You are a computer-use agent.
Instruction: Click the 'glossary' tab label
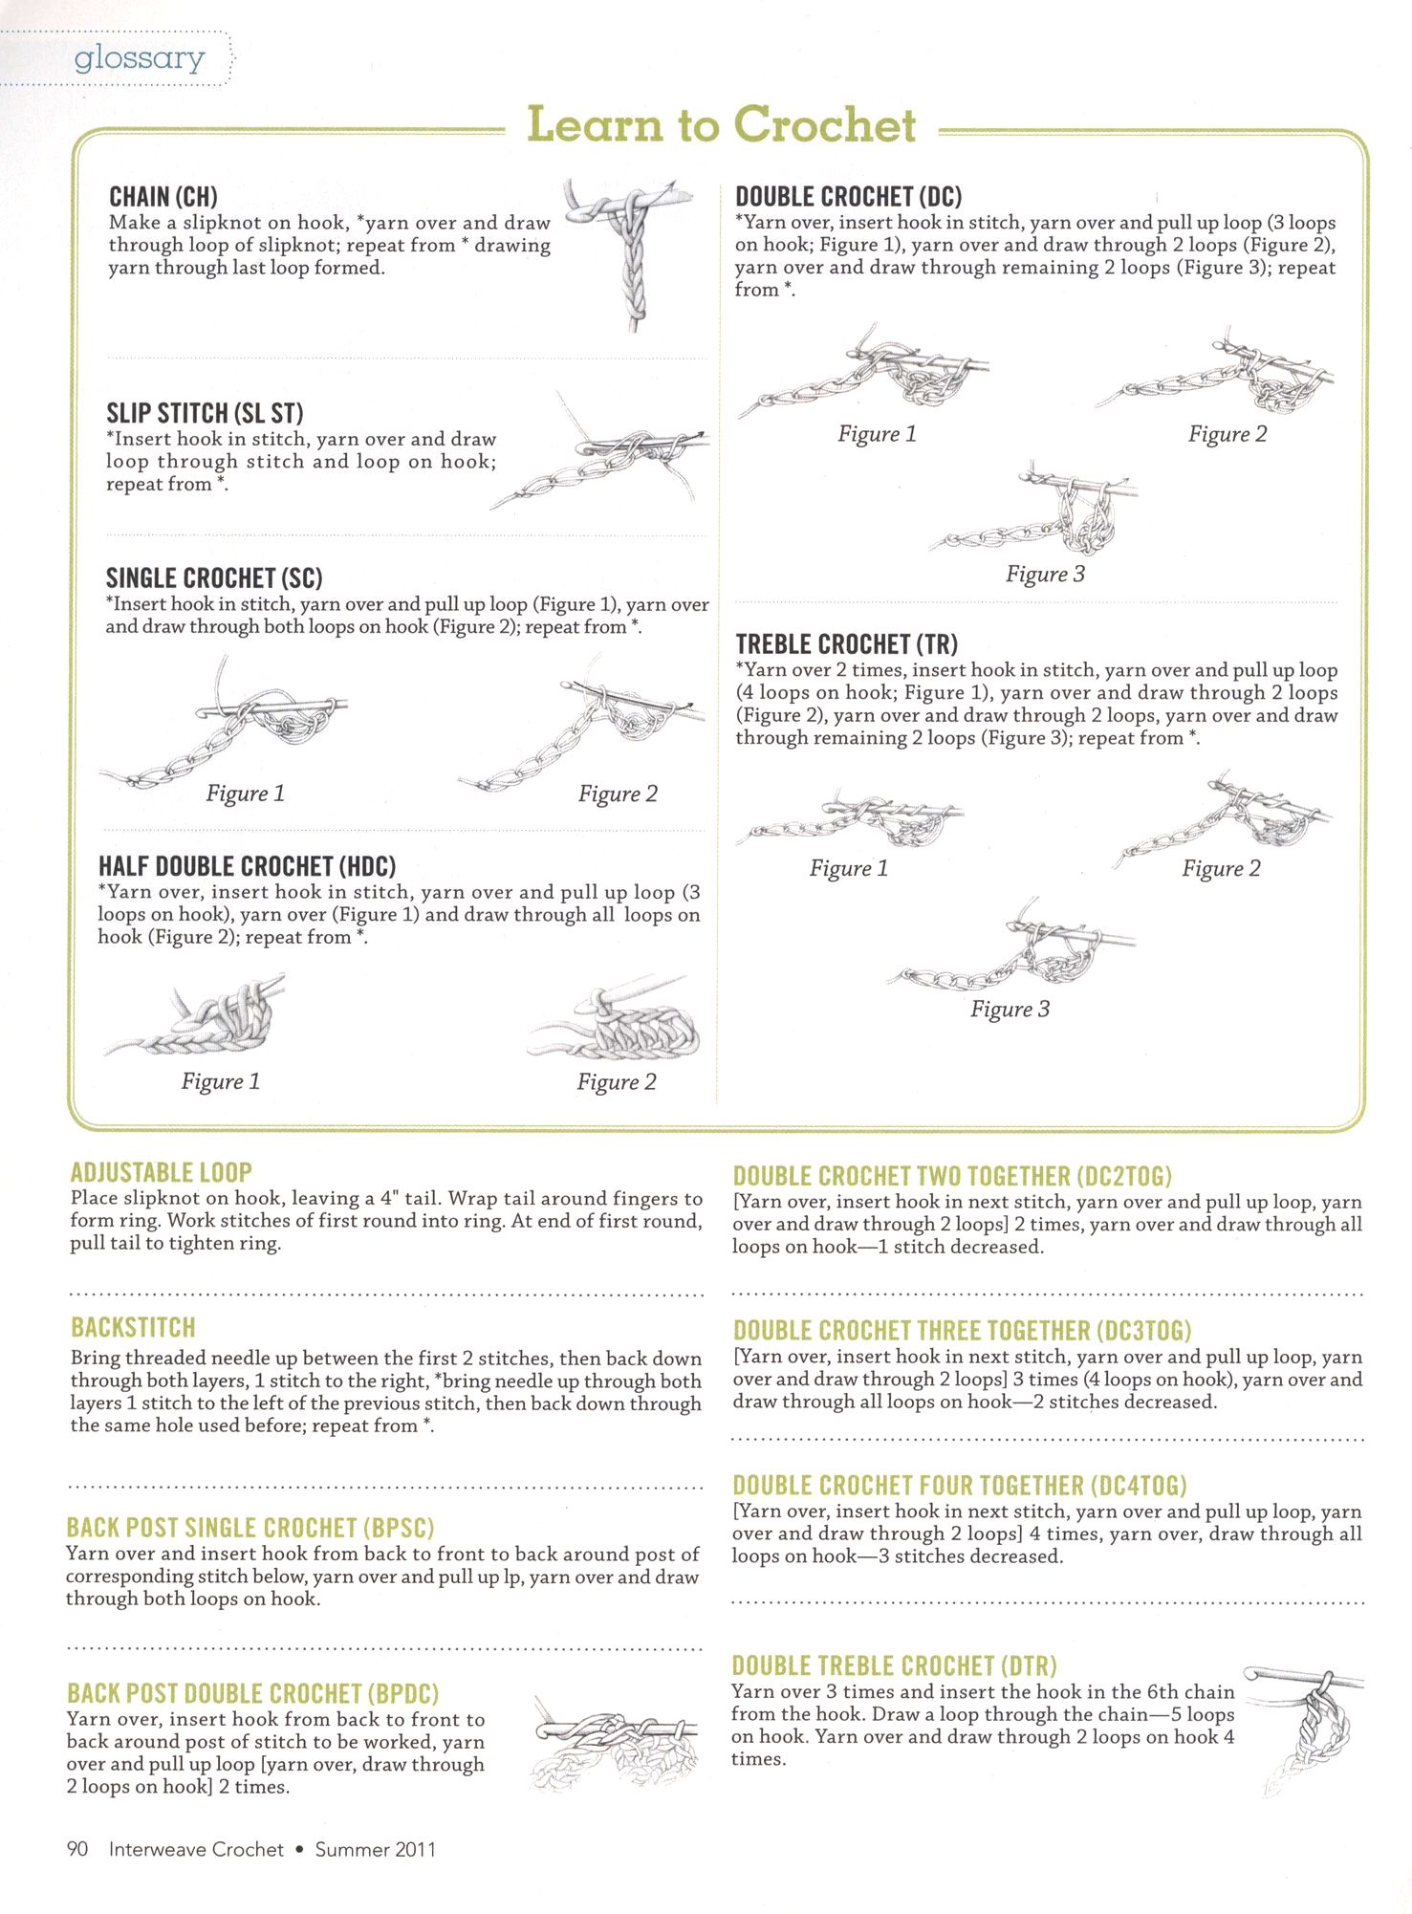[x=140, y=58]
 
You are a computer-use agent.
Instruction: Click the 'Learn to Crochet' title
[x=722, y=125]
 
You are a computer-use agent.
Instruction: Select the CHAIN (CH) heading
[x=163, y=197]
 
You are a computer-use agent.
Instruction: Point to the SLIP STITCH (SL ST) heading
[x=205, y=413]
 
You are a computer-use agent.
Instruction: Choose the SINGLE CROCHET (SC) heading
[x=214, y=578]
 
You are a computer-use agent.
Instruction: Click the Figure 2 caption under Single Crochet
[x=618, y=794]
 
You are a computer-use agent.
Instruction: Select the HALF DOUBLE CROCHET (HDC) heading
[x=247, y=866]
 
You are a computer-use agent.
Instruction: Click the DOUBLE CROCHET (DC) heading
[x=848, y=197]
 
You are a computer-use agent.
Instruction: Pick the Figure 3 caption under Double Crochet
[x=1045, y=575]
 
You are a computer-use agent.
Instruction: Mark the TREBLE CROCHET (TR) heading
[x=846, y=644]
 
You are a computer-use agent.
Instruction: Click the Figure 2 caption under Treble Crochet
[x=1221, y=869]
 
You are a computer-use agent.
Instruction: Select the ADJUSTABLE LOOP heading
[x=161, y=1172]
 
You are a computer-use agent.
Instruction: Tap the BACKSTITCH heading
[x=133, y=1327]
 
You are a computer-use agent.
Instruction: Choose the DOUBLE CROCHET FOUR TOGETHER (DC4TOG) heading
[x=959, y=1485]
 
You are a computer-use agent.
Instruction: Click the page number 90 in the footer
[x=77, y=1849]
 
